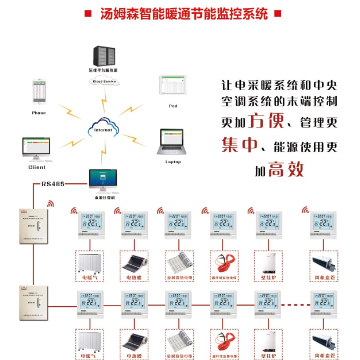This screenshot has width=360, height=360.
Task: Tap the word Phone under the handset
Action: click(39, 113)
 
